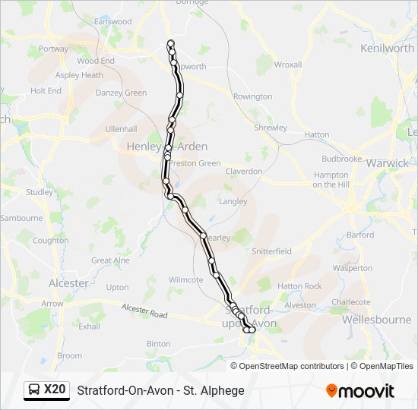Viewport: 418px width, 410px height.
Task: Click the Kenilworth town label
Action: click(388, 48)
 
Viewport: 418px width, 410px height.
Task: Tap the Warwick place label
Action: click(387, 163)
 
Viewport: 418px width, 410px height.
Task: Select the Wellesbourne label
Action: click(376, 320)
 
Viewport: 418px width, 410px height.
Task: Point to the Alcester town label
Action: click(68, 283)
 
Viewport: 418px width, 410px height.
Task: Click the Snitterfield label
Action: click(271, 251)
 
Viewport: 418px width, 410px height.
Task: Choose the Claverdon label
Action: click(243, 172)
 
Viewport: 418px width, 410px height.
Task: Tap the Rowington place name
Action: click(252, 96)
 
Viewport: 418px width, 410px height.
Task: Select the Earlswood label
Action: click(112, 22)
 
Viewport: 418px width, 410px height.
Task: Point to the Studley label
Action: click(40, 192)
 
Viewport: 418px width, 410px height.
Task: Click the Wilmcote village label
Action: click(186, 279)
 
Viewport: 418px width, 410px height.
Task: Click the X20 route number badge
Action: click(55, 389)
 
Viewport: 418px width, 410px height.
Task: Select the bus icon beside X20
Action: click(34, 390)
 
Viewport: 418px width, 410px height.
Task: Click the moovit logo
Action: click(360, 390)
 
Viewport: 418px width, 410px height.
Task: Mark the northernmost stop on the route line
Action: click(170, 43)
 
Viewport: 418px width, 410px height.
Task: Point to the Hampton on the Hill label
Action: click(331, 179)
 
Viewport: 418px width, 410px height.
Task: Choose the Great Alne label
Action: click(111, 260)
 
